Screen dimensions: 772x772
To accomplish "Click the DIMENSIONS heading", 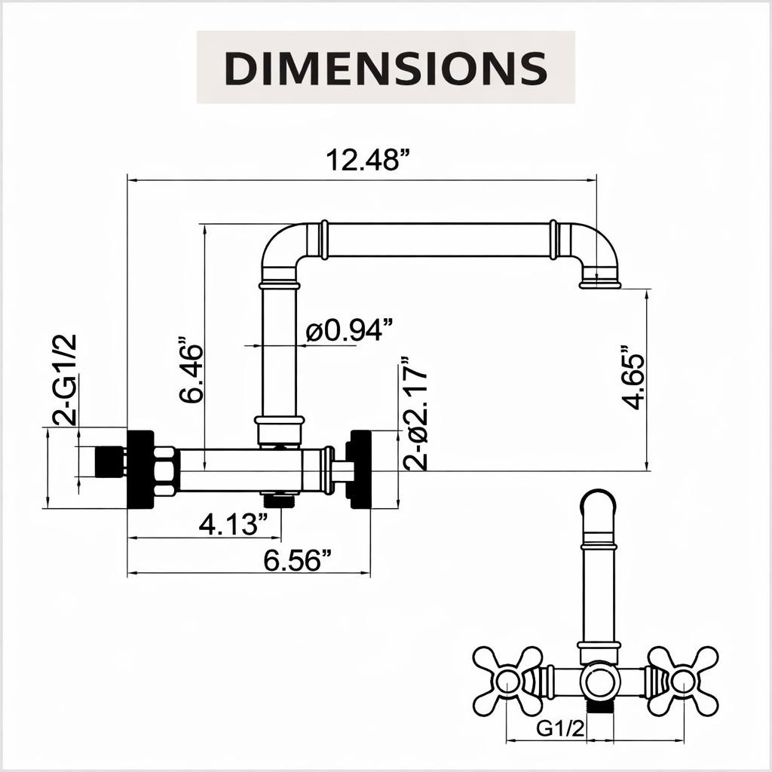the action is pyautogui.click(x=385, y=67).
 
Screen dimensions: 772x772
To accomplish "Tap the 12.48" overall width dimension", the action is pyautogui.click(x=368, y=160).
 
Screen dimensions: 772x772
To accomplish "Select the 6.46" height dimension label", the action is pyautogui.click(x=191, y=369).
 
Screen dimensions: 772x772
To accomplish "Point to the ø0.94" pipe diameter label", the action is pyautogui.click(x=350, y=330).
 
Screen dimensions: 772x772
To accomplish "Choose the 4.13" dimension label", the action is pyautogui.click(x=234, y=524).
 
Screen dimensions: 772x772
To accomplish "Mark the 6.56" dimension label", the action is pyautogui.click(x=297, y=560).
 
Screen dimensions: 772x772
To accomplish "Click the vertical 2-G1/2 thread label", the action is pyautogui.click(x=65, y=379).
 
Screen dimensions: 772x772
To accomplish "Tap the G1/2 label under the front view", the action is pyautogui.click(x=560, y=728).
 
